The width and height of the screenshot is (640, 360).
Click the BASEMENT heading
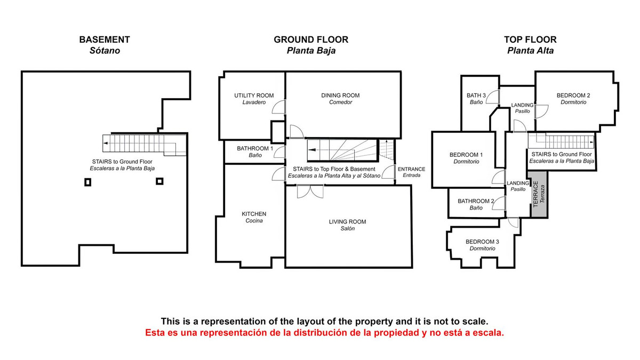pos(105,39)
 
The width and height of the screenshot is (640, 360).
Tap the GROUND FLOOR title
pos(311,39)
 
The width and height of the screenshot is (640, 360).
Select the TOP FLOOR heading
pos(530,39)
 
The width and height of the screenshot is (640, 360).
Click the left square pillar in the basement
pos(87,182)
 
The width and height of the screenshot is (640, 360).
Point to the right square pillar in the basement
pos(159,181)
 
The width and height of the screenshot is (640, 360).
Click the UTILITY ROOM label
pos(254,95)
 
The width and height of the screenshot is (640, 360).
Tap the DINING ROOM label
pos(340,95)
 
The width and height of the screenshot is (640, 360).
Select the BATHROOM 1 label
pos(255,149)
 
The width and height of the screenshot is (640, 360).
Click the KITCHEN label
pos(254,214)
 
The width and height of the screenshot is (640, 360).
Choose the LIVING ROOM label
pos(347,222)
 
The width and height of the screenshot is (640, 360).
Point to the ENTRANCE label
pos(411,169)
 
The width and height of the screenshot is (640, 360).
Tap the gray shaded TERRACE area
pos(539,194)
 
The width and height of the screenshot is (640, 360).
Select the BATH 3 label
pos(476,95)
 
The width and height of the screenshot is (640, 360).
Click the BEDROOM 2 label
pos(573,95)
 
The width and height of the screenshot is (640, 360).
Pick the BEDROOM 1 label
pos(466,155)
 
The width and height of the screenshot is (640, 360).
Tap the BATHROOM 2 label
pos(476,201)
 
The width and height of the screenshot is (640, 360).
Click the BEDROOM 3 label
pos(482,242)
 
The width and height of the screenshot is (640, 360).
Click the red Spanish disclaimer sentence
pos(325,333)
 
